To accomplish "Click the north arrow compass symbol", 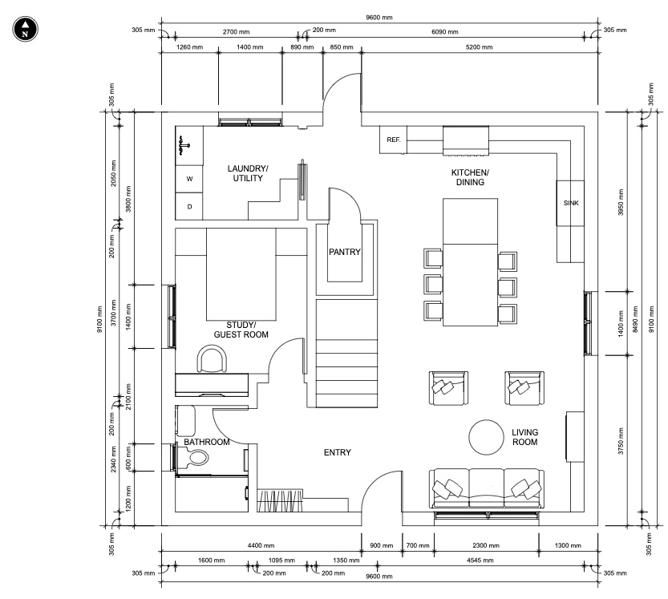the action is click(x=25, y=30).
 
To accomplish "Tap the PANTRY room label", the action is click(x=345, y=252).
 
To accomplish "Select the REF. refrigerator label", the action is click(x=393, y=140).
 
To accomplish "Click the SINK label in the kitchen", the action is click(x=571, y=203).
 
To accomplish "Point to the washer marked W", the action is click(x=189, y=179).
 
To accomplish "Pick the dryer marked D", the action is click(x=189, y=207).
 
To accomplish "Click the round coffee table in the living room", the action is click(x=486, y=437).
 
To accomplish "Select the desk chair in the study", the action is click(x=212, y=359).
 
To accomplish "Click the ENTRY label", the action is click(x=338, y=452).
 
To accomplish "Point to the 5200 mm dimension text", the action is click(x=479, y=47).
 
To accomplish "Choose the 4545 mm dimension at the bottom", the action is click(x=480, y=561).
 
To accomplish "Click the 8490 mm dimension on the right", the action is click(x=635, y=319).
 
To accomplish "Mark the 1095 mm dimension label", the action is click(x=281, y=561).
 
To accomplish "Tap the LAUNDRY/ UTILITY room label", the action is click(x=248, y=173).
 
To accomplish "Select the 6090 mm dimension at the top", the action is click(x=445, y=32).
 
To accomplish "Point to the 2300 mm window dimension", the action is click(x=486, y=545).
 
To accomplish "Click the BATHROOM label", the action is click(x=207, y=442).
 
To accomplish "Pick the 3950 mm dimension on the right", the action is click(x=621, y=202).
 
